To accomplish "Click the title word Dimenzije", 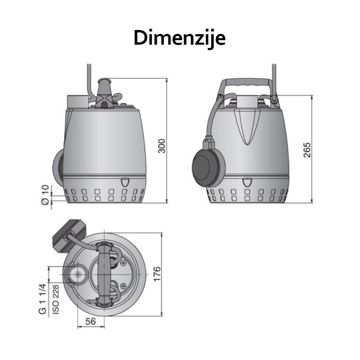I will [179, 37].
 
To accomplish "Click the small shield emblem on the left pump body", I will [125, 182].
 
